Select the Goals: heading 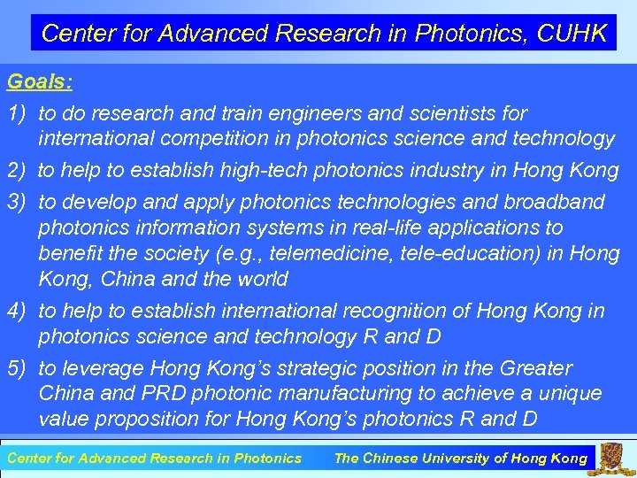pos(40,82)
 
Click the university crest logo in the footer pos(611,457)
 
